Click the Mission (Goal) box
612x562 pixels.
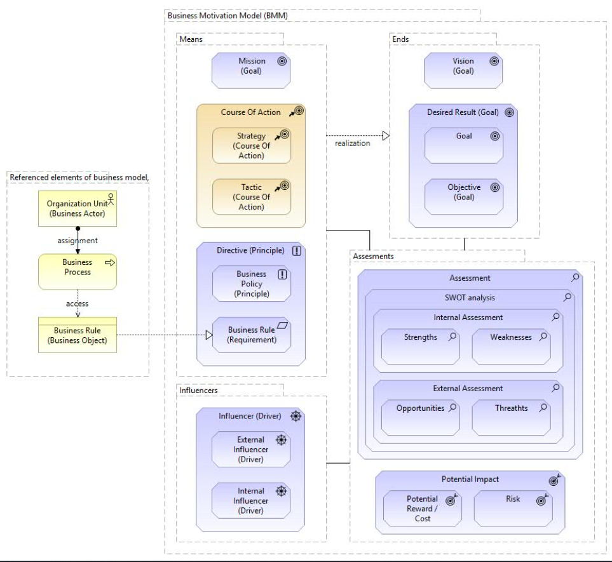251,70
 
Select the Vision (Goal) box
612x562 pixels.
463,70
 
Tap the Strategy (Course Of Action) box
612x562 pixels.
252,145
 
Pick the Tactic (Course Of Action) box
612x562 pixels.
252,197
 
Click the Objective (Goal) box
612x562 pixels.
464,197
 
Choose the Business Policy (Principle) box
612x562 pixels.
252,283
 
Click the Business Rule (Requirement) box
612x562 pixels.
252,335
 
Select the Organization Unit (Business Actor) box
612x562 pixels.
78,209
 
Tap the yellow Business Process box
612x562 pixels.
78,272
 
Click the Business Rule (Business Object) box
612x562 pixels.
78,335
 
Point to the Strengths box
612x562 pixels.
420,347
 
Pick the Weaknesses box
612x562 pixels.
512,347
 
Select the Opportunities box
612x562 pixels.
420,418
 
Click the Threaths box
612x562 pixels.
512,418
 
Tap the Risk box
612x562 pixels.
513,508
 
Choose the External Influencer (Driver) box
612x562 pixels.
251,450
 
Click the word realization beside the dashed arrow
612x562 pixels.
353,143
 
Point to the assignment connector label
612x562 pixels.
78,241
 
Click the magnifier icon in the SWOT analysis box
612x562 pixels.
568,297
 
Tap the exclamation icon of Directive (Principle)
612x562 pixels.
297,250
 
